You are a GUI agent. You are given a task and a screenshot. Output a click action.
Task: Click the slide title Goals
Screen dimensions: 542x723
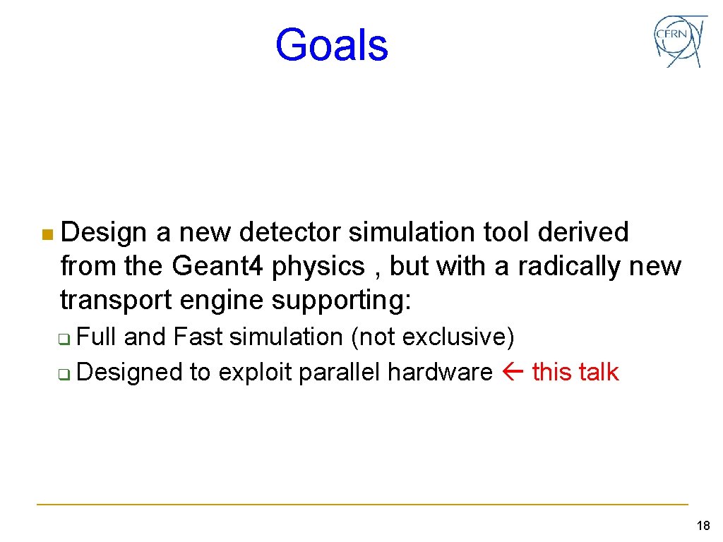(x=331, y=45)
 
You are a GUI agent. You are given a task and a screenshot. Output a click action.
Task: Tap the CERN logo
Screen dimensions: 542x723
(x=679, y=41)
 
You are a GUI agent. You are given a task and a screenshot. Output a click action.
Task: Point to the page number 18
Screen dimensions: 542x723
(x=703, y=526)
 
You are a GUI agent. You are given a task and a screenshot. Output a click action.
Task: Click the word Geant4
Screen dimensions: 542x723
(x=218, y=266)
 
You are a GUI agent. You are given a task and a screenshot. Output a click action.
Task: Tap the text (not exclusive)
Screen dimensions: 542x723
(x=432, y=337)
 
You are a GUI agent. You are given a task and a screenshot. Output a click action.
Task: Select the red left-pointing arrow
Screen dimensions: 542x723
(x=513, y=373)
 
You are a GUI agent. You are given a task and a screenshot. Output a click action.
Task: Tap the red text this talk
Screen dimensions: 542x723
(x=575, y=372)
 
